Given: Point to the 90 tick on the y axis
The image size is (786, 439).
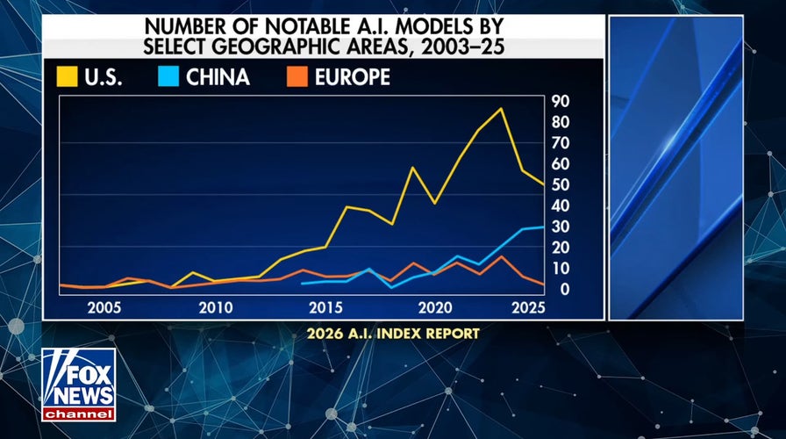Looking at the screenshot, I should [x=561, y=101].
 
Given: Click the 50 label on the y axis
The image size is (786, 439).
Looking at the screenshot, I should [x=561, y=185].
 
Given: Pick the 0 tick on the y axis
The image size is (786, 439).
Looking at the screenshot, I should [x=561, y=290].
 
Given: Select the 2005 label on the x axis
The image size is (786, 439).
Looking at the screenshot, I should [x=104, y=308].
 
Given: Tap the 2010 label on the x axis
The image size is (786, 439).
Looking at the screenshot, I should [x=215, y=308].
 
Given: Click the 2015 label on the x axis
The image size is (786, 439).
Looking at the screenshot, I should [x=325, y=308].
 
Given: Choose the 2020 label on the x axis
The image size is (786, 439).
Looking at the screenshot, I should [x=434, y=308].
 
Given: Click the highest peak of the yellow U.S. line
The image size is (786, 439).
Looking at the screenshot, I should [x=501, y=109].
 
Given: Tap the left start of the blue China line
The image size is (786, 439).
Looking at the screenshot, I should [x=302, y=284].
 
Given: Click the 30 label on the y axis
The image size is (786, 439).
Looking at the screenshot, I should [x=561, y=227].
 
